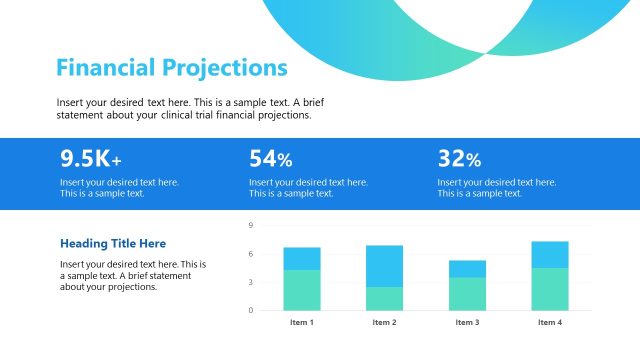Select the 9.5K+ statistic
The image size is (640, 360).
tap(91, 158)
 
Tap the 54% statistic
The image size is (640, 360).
tap(270, 158)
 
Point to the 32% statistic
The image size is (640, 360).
tap(459, 158)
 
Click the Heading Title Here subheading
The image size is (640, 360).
tap(113, 243)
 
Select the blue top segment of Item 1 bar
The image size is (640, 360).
tap(302, 258)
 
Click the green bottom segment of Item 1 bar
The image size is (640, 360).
tap(302, 290)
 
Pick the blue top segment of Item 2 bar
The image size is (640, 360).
tap(384, 266)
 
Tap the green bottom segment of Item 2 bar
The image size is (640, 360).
tap(384, 298)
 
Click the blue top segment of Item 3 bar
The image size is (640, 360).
tap(467, 268)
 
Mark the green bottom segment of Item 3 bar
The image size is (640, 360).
tap(467, 293)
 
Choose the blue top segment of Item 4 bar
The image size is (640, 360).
tap(549, 254)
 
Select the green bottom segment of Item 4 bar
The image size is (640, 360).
tap(549, 288)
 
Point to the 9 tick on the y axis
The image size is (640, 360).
tap(251, 226)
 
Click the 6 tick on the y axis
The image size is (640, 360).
tap(251, 254)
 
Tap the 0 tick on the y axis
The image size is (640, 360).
tap(251, 310)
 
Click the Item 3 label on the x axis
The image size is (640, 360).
tap(467, 323)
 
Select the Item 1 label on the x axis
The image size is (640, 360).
tap(302, 323)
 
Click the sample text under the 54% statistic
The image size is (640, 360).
tap(308, 188)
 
